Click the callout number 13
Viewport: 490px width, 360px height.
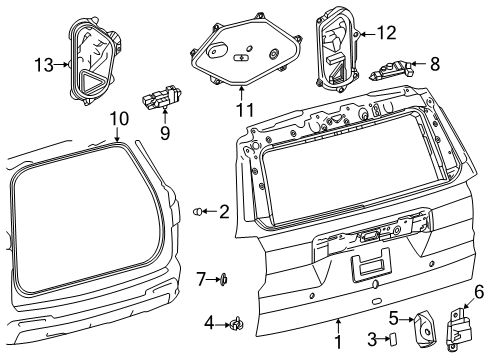coord(44,65)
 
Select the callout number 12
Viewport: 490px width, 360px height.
coord(387,33)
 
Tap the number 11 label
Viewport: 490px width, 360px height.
coord(245,110)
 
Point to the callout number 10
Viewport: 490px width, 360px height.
coord(119,119)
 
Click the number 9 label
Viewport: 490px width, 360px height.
coord(165,133)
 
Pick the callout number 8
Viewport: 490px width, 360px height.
coord(435,63)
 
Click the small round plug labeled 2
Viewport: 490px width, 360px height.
coord(197,211)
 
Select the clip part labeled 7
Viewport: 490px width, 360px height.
coord(224,279)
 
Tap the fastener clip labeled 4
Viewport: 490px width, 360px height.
coord(236,323)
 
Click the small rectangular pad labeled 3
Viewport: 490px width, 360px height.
coord(393,338)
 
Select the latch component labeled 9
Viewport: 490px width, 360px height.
coord(162,96)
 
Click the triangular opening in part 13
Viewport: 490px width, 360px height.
coord(91,81)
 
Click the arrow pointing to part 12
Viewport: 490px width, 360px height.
coord(368,34)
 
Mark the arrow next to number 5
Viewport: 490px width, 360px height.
coord(406,320)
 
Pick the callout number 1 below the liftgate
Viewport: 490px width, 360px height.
coord(338,342)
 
